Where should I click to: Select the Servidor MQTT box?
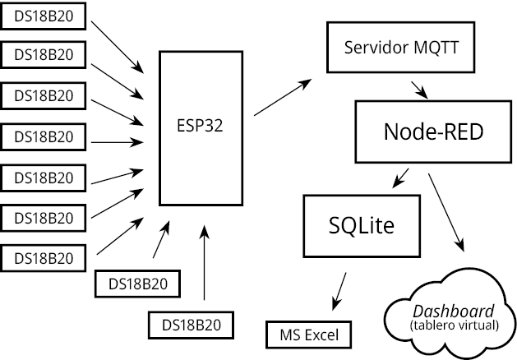point(401,45)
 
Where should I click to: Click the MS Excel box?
point(308,335)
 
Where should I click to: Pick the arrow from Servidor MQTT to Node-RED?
point(418,87)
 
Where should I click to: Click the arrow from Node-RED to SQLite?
point(402,176)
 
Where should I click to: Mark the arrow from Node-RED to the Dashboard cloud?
point(446,210)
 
